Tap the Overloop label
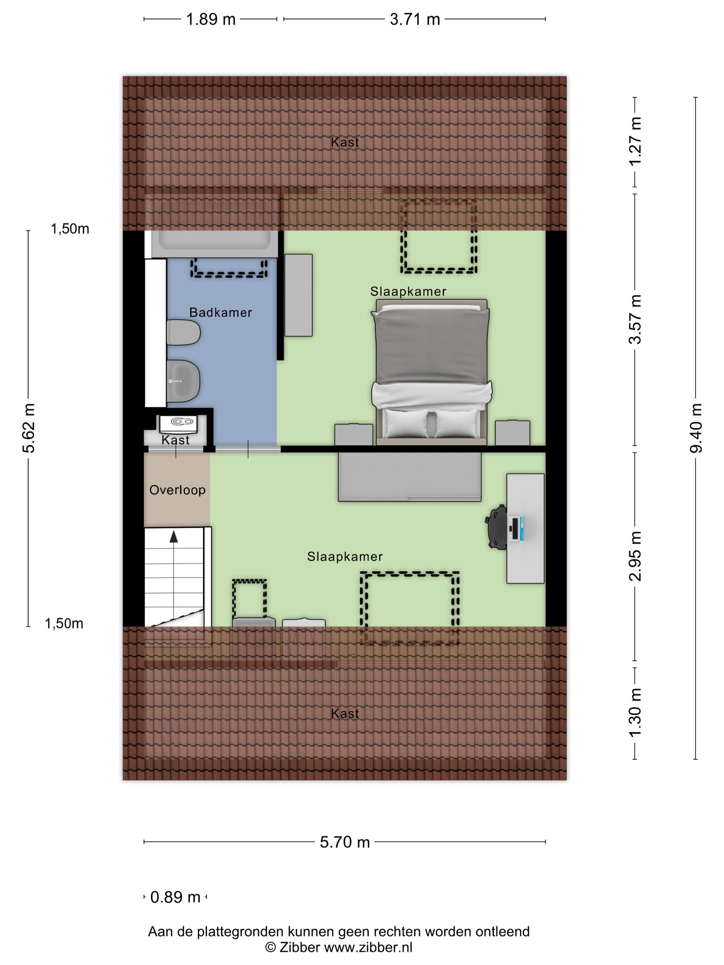(177, 490)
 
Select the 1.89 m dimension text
(211, 19)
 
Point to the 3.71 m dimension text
(415, 19)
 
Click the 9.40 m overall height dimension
(696, 428)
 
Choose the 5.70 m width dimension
(345, 842)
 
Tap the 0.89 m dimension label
(175, 897)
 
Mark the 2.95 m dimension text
(635, 556)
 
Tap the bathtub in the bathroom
(214, 243)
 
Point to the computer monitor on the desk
(516, 529)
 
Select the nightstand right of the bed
(512, 433)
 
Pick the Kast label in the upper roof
(345, 142)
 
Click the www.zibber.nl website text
(368, 947)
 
